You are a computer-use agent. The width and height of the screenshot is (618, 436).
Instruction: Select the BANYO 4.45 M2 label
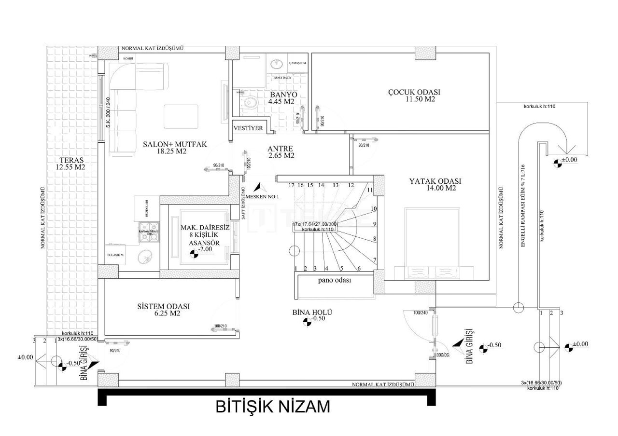point(283,98)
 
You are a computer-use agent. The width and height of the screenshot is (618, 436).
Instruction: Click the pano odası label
point(334,280)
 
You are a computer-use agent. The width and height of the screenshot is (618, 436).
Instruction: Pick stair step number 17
point(291,185)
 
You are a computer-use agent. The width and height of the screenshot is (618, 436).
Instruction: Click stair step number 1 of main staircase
point(295,268)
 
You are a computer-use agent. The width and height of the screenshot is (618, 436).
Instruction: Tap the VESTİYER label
point(248,128)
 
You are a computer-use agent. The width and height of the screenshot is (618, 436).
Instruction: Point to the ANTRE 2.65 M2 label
point(281,152)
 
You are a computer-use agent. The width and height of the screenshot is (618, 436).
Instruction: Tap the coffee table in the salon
point(181,116)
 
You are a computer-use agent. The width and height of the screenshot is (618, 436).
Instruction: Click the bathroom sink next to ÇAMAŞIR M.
point(277,64)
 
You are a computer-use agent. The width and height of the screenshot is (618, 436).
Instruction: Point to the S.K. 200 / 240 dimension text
point(109,115)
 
